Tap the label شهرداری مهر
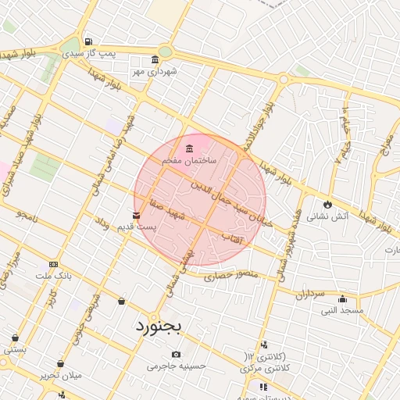point(154,71)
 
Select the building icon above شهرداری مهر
point(155,59)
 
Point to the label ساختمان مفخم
point(188,159)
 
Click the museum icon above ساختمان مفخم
point(189,148)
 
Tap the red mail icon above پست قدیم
point(137,215)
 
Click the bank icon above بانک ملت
point(53,264)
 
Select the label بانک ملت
point(54,276)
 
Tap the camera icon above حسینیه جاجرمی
point(177,355)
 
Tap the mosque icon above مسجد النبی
point(342,298)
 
